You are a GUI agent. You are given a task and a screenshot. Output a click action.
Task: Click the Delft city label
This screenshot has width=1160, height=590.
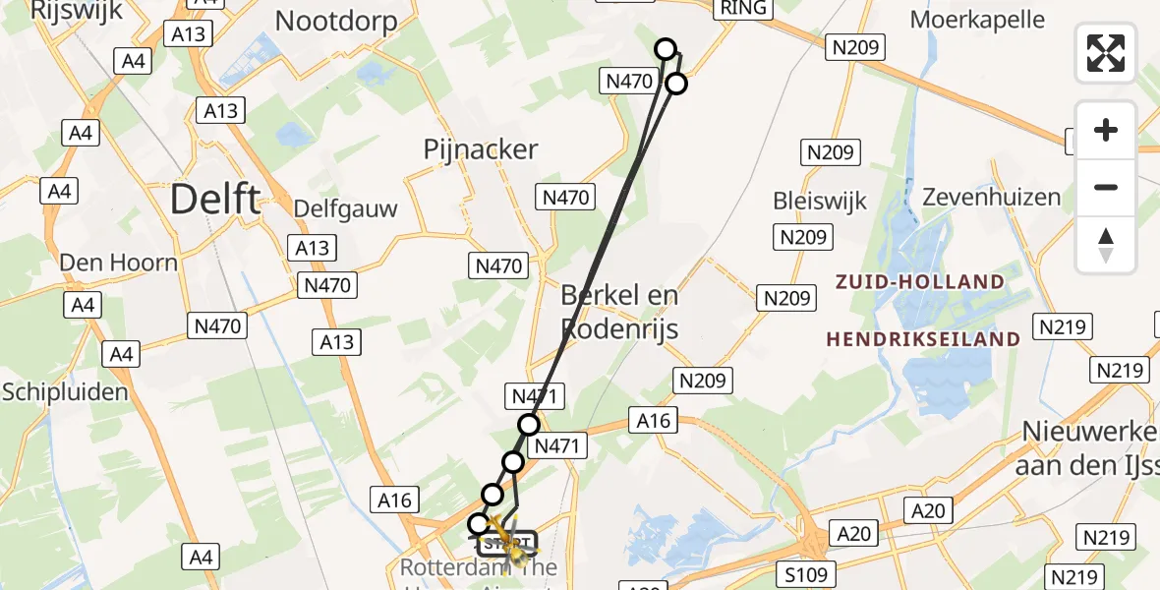coord(215,199)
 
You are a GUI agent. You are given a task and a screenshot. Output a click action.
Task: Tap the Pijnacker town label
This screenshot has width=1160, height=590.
coord(481,149)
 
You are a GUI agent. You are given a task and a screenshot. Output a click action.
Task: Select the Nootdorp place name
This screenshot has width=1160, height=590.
coord(336,21)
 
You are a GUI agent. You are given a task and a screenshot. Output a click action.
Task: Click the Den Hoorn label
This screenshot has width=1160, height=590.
coord(119,263)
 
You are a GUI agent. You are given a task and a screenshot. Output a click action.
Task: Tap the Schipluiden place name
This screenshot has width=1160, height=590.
coord(65,392)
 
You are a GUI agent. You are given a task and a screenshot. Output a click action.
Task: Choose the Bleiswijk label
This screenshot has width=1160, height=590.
coord(820,202)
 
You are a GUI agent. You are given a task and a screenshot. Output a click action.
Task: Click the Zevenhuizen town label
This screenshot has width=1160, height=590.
coord(992,197)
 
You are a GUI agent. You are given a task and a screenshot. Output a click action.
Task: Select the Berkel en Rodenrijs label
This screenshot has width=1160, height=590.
coord(619,312)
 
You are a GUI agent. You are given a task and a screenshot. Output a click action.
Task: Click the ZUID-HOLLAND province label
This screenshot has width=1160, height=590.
coord(919,282)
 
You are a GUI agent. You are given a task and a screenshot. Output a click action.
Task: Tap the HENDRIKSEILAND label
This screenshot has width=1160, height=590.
coord(922,339)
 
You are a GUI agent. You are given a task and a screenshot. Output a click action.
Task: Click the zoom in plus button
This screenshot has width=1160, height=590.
coord(1106,130)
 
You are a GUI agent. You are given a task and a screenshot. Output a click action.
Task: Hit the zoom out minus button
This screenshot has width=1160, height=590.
coord(1106,187)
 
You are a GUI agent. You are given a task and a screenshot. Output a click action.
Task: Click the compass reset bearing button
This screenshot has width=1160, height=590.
coord(1106,245)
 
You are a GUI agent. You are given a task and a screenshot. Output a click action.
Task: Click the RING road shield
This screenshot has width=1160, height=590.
coord(746,8)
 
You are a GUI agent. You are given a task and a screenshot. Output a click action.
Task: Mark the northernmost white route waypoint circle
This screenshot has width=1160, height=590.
coord(666,49)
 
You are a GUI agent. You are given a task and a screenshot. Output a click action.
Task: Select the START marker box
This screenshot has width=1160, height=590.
coord(507,542)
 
